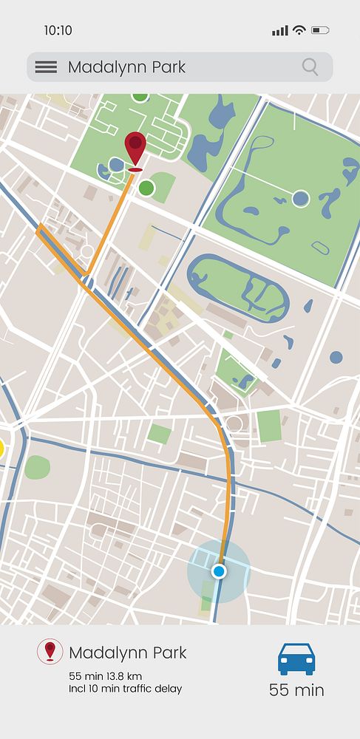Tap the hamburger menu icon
[x=46, y=67]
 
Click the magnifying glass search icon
[x=310, y=67]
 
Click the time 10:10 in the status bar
[x=58, y=30]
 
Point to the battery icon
[x=320, y=30]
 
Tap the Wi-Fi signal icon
[x=299, y=30]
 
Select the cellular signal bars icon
[x=279, y=30]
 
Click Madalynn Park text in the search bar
[x=126, y=67]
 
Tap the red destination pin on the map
[x=135, y=149]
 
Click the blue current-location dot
[x=218, y=571]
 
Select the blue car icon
[x=296, y=658]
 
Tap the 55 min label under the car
[x=296, y=690]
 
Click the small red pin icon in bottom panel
[x=50, y=651]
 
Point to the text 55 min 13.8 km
[x=106, y=676]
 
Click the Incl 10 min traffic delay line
[x=125, y=689]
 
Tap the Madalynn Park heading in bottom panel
[x=128, y=653]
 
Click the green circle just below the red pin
[x=146, y=188]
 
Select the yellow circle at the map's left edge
[x=1, y=448]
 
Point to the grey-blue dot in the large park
[x=300, y=198]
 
